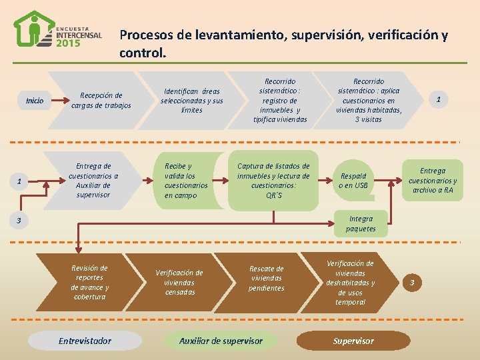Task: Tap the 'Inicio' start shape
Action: click(35, 101)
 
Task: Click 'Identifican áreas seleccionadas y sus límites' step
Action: click(191, 100)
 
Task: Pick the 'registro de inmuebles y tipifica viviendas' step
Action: click(280, 100)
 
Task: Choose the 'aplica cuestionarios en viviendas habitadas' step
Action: click(369, 100)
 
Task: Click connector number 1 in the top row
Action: click(438, 99)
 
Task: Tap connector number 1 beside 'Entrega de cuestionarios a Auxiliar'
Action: click(19, 181)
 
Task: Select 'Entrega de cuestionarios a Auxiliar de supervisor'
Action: click(94, 180)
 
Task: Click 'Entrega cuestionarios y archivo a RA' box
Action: click(433, 180)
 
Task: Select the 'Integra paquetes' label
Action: click(361, 223)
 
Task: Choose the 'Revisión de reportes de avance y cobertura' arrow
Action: click(90, 282)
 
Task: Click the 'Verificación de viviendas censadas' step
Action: click(179, 282)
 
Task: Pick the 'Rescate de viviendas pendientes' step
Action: click(266, 278)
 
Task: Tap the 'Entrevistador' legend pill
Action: click(85, 341)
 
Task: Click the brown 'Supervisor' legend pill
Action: click(353, 341)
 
